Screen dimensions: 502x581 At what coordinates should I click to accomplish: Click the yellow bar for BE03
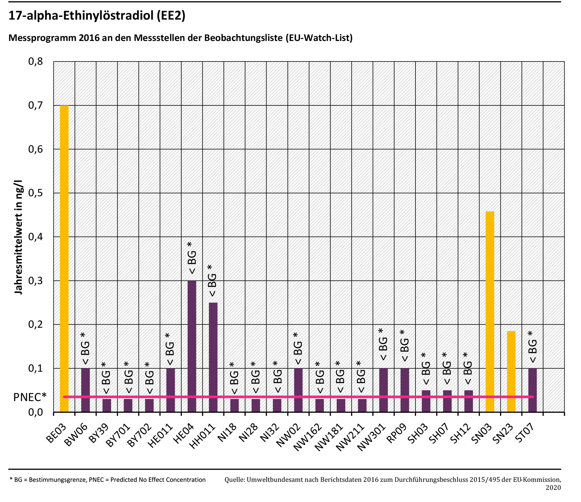pyautogui.click(x=64, y=258)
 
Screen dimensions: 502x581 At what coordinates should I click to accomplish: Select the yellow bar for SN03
pyautogui.click(x=490, y=312)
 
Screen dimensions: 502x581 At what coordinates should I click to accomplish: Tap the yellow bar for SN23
pyautogui.click(x=511, y=371)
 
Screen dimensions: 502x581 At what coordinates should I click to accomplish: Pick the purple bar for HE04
pyautogui.click(x=192, y=346)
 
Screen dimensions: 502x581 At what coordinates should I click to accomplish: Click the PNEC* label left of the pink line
pyautogui.click(x=30, y=397)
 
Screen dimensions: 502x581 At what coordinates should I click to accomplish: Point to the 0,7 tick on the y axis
pyautogui.click(x=36, y=105)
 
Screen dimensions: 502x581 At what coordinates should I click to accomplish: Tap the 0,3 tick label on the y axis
pyautogui.click(x=36, y=281)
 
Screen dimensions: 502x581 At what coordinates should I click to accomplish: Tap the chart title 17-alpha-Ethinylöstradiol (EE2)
pyautogui.click(x=97, y=15)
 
